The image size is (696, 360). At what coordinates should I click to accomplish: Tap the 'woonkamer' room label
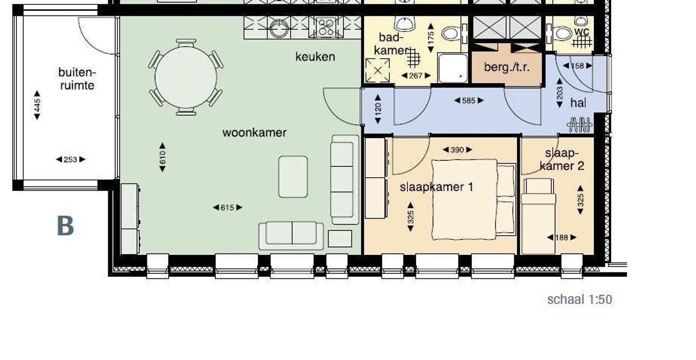254,133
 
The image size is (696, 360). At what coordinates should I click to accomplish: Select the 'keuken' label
315,57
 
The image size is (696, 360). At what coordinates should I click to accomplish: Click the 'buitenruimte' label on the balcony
76,79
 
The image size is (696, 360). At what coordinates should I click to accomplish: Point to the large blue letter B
65,226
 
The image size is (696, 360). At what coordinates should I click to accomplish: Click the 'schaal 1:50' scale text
579,300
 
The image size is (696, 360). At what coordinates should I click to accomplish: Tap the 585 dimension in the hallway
468,101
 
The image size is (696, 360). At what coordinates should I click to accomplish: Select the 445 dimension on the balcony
37,105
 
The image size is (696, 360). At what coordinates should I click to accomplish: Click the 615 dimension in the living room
227,207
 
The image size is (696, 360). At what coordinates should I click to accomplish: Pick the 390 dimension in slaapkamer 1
457,150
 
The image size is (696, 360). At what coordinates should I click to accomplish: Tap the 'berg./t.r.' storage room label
506,68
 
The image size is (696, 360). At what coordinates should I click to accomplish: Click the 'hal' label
578,103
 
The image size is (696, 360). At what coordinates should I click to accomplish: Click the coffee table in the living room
293,177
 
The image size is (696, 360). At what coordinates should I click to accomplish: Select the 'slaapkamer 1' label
436,187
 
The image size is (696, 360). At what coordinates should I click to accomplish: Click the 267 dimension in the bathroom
415,76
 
